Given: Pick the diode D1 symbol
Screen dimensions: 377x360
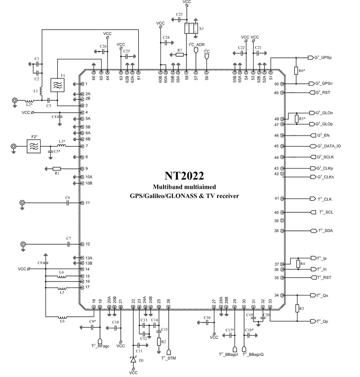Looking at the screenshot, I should click(x=133, y=360).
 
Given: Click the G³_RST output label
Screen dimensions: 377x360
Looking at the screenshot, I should click(x=324, y=93).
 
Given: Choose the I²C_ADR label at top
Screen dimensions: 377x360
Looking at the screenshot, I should click(x=196, y=45).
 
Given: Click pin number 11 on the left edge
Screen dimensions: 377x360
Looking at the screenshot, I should click(x=87, y=203).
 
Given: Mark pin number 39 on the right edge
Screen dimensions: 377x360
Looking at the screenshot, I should click(x=276, y=221).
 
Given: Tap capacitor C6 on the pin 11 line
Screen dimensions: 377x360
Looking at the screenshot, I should click(x=68, y=203).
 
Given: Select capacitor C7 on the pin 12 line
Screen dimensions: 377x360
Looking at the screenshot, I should click(x=69, y=244).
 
